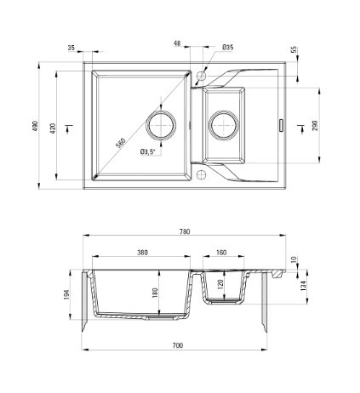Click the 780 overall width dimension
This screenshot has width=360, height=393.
pos(185,231)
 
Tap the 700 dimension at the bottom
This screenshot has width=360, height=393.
pos(178,345)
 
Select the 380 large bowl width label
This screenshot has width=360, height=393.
pos(142,252)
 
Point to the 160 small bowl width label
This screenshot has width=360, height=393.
pos(221,252)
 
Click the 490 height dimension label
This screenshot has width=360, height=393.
pos(35,126)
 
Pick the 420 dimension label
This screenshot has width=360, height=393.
pos(53,128)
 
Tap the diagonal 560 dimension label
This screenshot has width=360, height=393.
pos(121,143)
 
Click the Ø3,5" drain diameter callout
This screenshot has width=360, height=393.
pos(148,152)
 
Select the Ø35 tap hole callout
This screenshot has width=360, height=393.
pos(228,47)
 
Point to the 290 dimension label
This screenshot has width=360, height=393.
pos(315,125)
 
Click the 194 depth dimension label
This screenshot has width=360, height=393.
pos(66,294)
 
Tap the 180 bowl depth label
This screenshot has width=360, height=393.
pos(155,293)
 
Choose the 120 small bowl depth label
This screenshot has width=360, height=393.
pos(221,284)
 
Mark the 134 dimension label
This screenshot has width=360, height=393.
pos(303,286)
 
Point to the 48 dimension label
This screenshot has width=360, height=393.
pos(177,43)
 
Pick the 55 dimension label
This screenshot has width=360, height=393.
pos(294,49)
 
